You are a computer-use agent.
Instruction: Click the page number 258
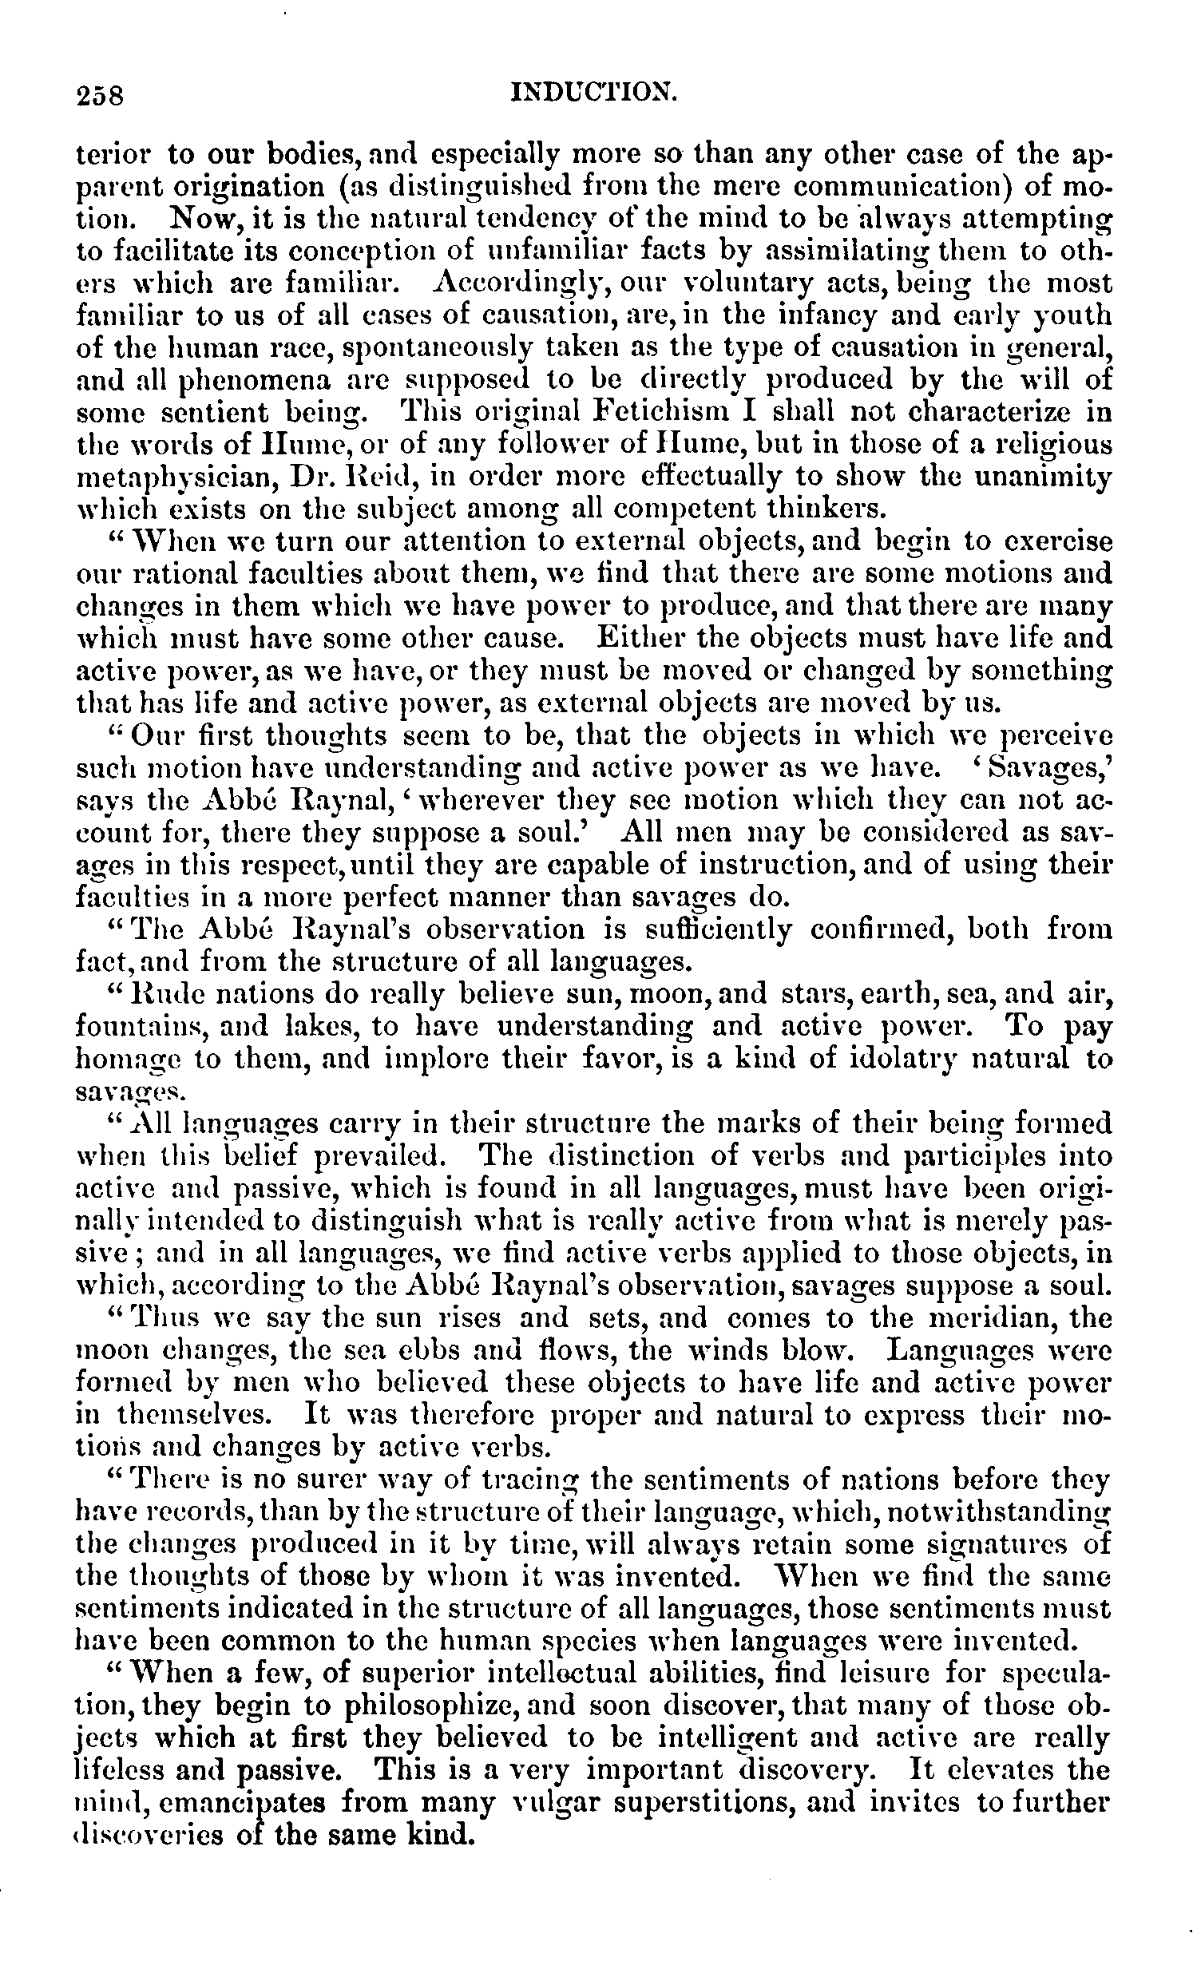coord(101,96)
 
